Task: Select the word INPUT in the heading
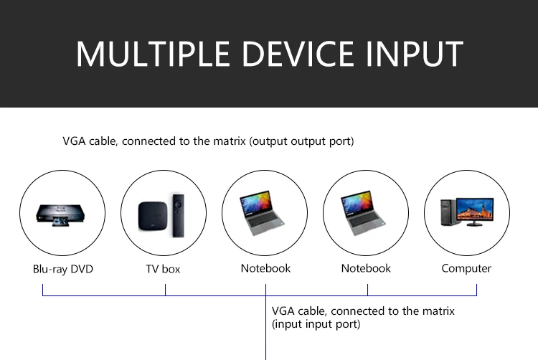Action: pos(417,55)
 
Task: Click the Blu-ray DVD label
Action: pos(63,270)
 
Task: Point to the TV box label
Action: pos(163,270)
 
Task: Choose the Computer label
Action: pos(466,269)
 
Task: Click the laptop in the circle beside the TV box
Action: pos(265,212)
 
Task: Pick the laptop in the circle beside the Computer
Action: pos(366,212)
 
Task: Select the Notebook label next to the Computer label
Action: pos(366,269)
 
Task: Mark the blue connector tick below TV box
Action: pos(165,290)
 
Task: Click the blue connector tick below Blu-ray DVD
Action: pos(43,290)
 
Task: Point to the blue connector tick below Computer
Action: pos(477,290)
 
